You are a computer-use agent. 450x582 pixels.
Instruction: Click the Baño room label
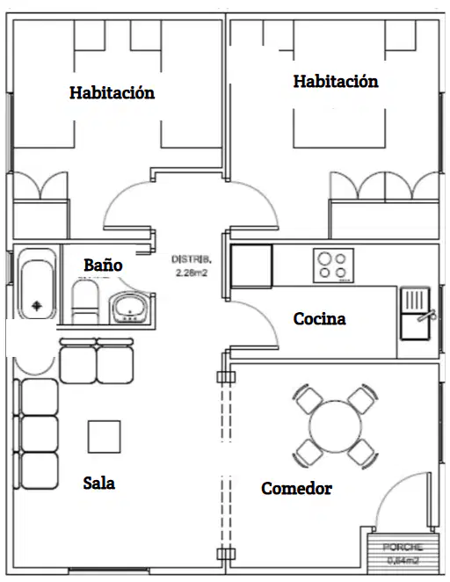(x=103, y=265)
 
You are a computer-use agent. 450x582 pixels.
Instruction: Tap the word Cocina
(x=319, y=319)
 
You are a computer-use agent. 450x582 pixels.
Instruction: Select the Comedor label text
(x=296, y=488)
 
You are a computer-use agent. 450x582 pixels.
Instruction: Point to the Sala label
(x=98, y=483)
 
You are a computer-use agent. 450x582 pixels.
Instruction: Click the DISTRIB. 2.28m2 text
(x=192, y=266)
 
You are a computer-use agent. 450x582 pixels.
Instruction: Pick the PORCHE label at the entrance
(x=403, y=547)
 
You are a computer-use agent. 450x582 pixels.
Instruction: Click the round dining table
(x=335, y=426)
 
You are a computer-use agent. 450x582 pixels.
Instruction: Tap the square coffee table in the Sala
(x=105, y=436)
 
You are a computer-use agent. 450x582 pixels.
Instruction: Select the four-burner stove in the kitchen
(x=333, y=265)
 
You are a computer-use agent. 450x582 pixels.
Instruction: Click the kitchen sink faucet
(x=427, y=316)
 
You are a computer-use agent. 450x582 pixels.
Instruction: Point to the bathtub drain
(x=36, y=306)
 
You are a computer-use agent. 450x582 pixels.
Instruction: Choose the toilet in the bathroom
(x=83, y=302)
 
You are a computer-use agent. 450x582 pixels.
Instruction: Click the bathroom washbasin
(x=129, y=308)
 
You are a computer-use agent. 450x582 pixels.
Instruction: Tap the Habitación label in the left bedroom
(x=112, y=92)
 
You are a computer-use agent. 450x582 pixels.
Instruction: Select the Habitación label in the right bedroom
(x=336, y=81)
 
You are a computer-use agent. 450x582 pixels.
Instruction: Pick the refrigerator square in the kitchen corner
(x=251, y=266)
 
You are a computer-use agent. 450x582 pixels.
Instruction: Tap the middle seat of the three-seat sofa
(x=39, y=434)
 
